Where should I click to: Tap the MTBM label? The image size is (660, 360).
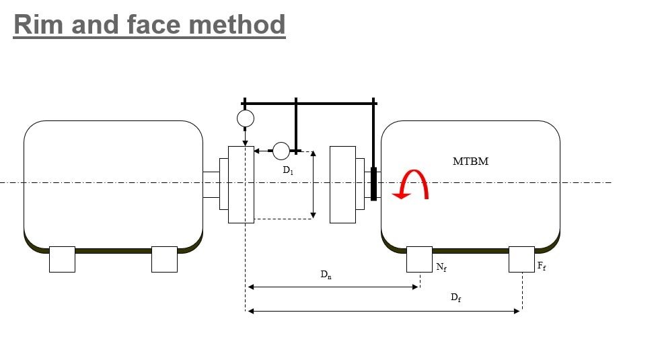(x=470, y=161)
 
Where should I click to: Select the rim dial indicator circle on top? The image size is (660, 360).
(x=246, y=119)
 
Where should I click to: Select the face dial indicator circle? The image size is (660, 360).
(x=281, y=151)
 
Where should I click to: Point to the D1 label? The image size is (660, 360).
(x=287, y=171)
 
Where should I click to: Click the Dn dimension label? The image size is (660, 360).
(x=326, y=275)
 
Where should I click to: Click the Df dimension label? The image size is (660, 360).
(x=455, y=297)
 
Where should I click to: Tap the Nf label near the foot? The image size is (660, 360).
(x=441, y=267)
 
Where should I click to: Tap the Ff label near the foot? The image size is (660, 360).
(x=541, y=267)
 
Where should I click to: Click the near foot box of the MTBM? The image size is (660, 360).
(x=419, y=259)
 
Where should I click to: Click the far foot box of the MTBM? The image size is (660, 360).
(x=521, y=259)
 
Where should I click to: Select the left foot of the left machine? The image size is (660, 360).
(x=62, y=259)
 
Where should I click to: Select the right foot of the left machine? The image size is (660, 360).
(x=164, y=259)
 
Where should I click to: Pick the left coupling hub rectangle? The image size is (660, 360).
(x=241, y=184)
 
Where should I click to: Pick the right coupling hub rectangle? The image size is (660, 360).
(x=342, y=184)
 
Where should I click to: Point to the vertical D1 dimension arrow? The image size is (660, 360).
(x=313, y=184)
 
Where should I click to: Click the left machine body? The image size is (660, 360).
(x=113, y=182)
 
